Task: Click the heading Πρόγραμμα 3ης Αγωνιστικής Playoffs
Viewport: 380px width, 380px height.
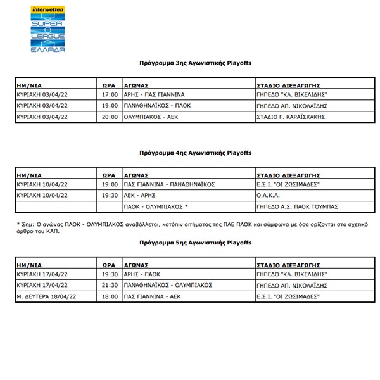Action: point(196,63)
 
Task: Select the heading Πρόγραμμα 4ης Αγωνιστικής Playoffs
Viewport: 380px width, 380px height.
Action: point(196,153)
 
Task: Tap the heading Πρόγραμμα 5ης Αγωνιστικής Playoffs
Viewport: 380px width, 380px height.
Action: point(196,243)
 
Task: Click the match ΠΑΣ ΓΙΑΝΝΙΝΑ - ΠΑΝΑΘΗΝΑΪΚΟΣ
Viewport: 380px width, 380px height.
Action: point(170,184)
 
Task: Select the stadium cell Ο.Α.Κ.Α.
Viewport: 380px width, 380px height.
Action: point(269,195)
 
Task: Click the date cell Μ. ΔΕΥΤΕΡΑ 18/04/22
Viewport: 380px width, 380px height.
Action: point(48,296)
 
